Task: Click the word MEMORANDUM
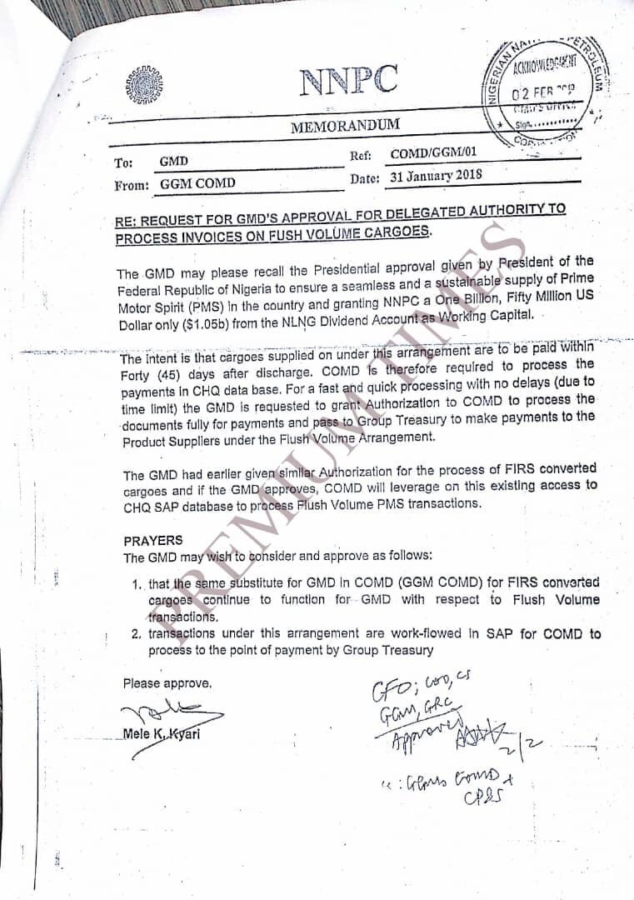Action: pos(345,127)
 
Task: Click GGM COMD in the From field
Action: pos(197,183)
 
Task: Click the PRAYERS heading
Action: pos(152,541)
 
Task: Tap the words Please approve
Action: pos(167,683)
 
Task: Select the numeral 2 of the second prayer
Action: pos(135,634)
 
